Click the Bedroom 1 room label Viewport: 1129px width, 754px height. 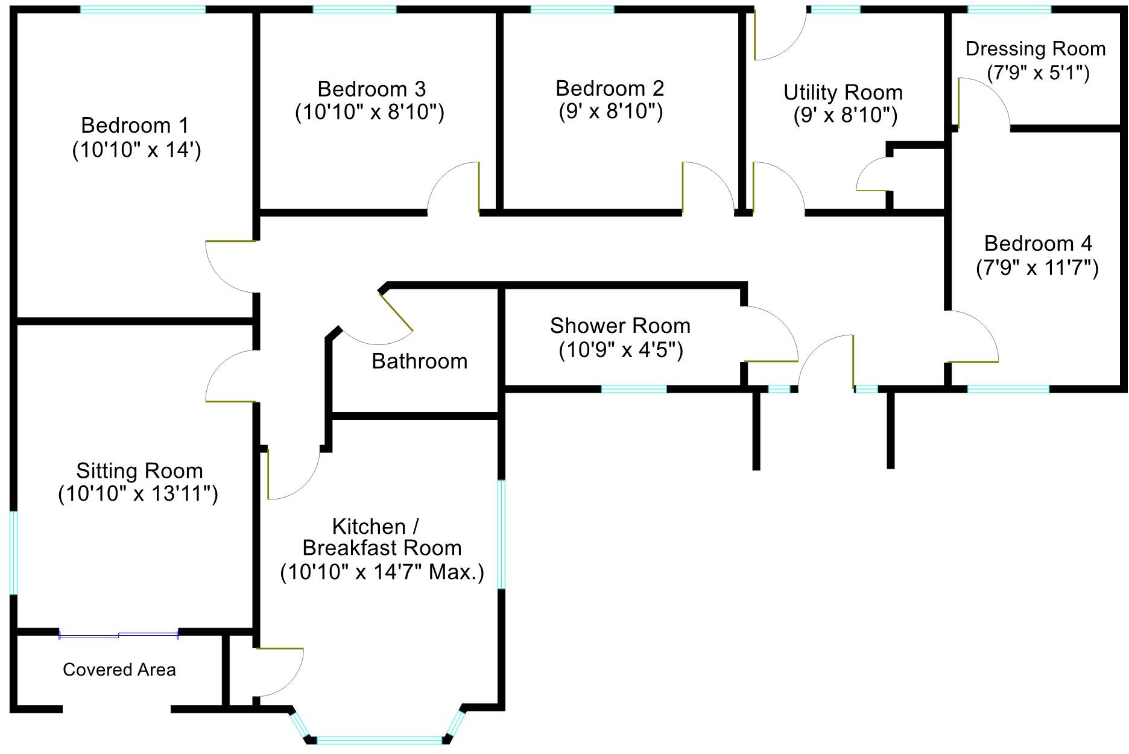(x=134, y=125)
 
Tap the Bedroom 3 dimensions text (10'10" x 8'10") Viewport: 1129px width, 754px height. (x=370, y=113)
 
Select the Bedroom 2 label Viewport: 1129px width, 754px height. (x=610, y=89)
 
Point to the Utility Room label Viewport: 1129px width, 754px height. (x=843, y=93)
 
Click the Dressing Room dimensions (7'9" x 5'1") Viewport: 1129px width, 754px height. (x=1038, y=73)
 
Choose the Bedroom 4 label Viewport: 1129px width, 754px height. (x=1037, y=244)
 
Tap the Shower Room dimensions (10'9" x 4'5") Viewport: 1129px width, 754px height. (x=621, y=350)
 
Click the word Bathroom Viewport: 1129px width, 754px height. (x=420, y=361)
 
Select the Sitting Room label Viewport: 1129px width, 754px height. (x=139, y=471)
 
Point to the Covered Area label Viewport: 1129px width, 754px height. (x=119, y=670)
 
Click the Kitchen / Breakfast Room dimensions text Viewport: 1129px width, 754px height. (x=382, y=572)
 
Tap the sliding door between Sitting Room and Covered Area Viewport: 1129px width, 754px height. (x=119, y=635)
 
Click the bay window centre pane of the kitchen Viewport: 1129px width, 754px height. (x=379, y=740)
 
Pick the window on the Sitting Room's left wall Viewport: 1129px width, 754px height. (x=14, y=553)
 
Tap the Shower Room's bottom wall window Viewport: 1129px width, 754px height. (x=634, y=389)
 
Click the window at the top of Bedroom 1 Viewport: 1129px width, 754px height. (x=143, y=9)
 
